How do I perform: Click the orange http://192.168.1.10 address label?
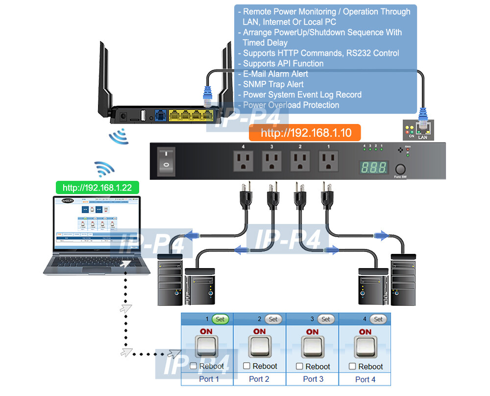pyautogui.click(x=305, y=133)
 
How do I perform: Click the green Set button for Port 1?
pyautogui.click(x=220, y=319)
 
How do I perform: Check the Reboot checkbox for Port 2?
pyautogui.click(x=247, y=366)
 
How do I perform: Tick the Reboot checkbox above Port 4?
pyautogui.click(x=352, y=366)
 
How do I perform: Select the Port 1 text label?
pyautogui.click(x=209, y=379)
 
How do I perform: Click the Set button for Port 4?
pyautogui.click(x=378, y=319)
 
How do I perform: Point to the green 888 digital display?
pyautogui.click(x=374, y=167)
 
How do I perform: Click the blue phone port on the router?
pyautogui.click(x=160, y=116)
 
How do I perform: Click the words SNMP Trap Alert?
pyautogui.click(x=273, y=84)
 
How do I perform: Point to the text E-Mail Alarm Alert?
pyautogui.click(x=275, y=74)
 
